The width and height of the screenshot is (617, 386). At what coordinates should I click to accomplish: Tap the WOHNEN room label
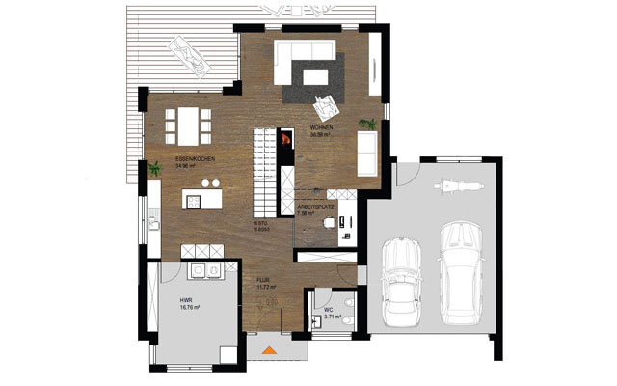321,128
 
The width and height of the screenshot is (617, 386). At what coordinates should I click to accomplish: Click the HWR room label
186,300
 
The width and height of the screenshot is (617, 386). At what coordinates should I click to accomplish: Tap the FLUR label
261,280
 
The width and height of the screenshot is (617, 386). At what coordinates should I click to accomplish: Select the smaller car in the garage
399,279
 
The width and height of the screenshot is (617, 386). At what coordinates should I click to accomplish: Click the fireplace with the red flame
285,141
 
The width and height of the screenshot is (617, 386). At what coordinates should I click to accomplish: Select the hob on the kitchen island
194,202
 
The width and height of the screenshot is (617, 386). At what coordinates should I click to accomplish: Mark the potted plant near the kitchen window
154,170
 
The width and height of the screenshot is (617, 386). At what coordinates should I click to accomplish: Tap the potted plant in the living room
366,123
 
